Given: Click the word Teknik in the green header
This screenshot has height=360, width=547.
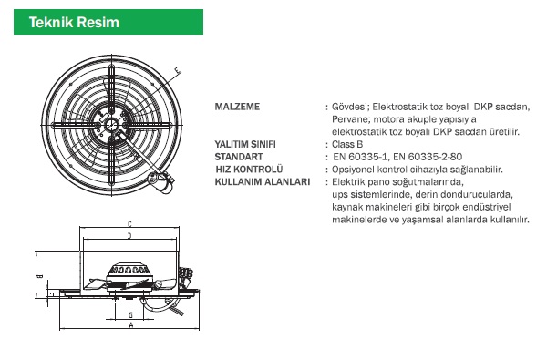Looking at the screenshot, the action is pyautogui.click(x=51, y=22).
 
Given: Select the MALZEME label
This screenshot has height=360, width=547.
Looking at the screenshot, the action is pyautogui.click(x=237, y=107).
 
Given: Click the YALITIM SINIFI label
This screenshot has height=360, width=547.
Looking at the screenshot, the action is pyautogui.click(x=245, y=144).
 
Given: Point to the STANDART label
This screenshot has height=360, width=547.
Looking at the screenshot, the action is pyautogui.click(x=239, y=157).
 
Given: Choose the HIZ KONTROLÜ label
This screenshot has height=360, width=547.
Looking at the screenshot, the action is pyautogui.click(x=249, y=170).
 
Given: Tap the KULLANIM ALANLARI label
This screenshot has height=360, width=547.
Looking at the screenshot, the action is pyautogui.click(x=263, y=182).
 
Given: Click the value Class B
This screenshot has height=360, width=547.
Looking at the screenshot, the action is pyautogui.click(x=347, y=144).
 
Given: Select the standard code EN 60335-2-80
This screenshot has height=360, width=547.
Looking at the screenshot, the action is pyautogui.click(x=428, y=157).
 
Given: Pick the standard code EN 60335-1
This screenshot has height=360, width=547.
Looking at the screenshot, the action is pyautogui.click(x=361, y=157).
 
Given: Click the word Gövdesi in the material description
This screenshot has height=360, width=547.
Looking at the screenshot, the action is pyautogui.click(x=351, y=107).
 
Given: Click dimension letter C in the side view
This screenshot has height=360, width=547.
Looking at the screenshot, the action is pyautogui.click(x=129, y=224).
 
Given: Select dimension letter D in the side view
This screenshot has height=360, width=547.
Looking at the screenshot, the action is pyautogui.click(x=129, y=236).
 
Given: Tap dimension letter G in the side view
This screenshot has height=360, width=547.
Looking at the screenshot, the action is pyautogui.click(x=130, y=315).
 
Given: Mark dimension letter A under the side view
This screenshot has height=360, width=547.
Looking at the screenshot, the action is pyautogui.click(x=131, y=325).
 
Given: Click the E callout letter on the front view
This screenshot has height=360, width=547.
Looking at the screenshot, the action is pyautogui.click(x=178, y=71).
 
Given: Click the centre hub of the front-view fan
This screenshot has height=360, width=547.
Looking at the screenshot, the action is pyautogui.click(x=111, y=124).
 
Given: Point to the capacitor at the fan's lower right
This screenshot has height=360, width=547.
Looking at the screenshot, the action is pyautogui.click(x=160, y=181).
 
